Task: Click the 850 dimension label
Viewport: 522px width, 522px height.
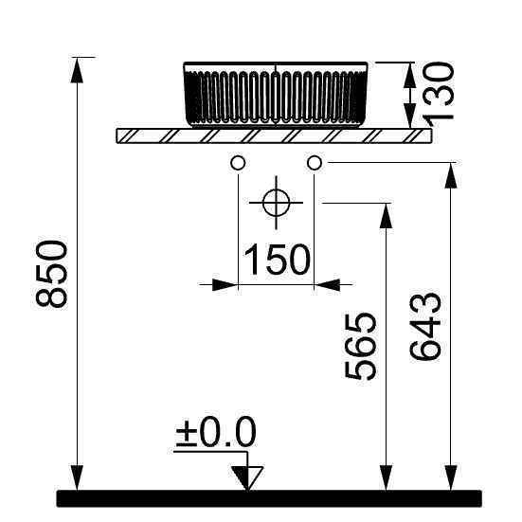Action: (51, 275)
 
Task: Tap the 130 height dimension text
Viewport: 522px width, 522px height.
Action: (439, 91)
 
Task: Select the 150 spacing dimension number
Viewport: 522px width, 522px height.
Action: (277, 260)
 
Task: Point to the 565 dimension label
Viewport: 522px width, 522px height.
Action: (360, 346)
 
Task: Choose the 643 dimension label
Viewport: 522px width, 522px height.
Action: (425, 326)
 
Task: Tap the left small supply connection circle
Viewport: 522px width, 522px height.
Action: (238, 163)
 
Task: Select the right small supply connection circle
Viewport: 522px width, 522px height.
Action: (315, 163)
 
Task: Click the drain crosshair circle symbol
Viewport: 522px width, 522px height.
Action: (276, 203)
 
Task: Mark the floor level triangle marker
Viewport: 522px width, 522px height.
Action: (247, 478)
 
